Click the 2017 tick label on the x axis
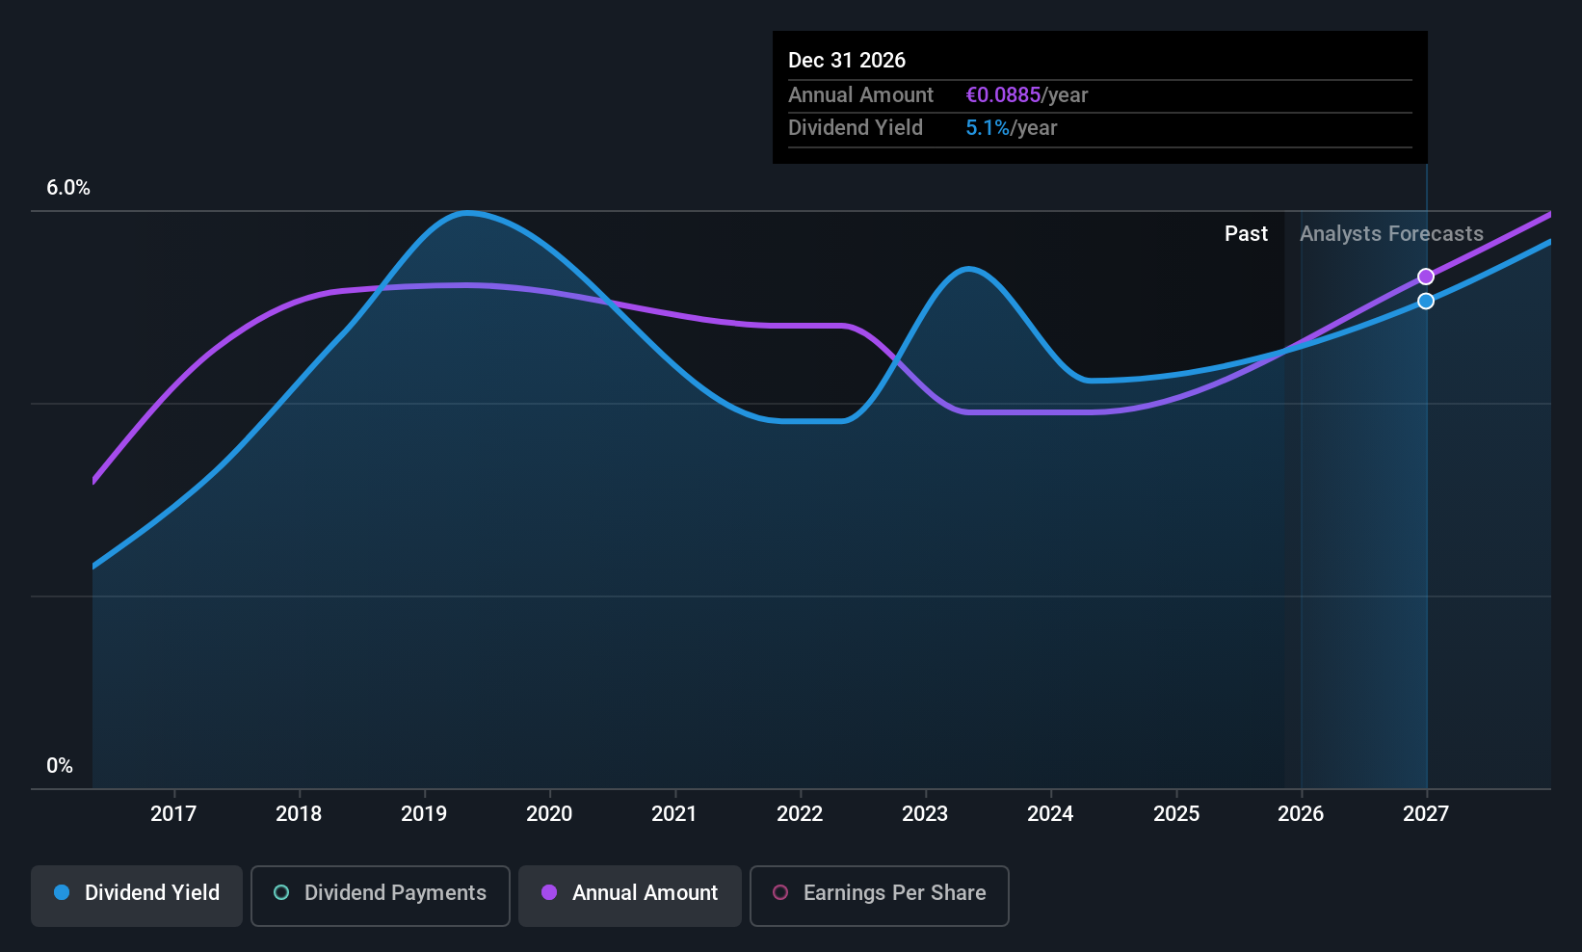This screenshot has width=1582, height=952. [x=173, y=813]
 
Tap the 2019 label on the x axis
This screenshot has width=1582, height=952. [x=424, y=813]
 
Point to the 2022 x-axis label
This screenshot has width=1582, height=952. [x=800, y=813]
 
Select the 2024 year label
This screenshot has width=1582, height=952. [x=1050, y=813]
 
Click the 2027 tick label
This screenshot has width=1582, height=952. [x=1426, y=813]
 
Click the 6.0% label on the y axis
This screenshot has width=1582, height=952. [x=68, y=188]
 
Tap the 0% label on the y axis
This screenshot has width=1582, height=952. [x=60, y=766]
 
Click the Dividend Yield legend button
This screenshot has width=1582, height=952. [x=137, y=893]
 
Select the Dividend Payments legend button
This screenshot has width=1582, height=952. [x=381, y=893]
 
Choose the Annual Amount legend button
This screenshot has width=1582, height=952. [x=630, y=893]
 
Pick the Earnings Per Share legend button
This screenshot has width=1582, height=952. [x=879, y=893]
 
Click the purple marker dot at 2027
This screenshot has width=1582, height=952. [x=1426, y=278]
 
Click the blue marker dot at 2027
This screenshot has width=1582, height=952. [x=1426, y=302]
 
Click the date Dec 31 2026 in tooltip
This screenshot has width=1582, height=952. [x=847, y=60]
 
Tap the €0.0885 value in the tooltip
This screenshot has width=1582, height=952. [x=1003, y=95]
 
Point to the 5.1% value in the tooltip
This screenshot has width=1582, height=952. [x=988, y=128]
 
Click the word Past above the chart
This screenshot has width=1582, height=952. [x=1246, y=234]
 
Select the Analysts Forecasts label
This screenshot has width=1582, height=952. [x=1391, y=234]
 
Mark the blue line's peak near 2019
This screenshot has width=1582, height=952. [x=467, y=213]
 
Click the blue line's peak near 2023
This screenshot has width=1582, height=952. [x=968, y=269]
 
